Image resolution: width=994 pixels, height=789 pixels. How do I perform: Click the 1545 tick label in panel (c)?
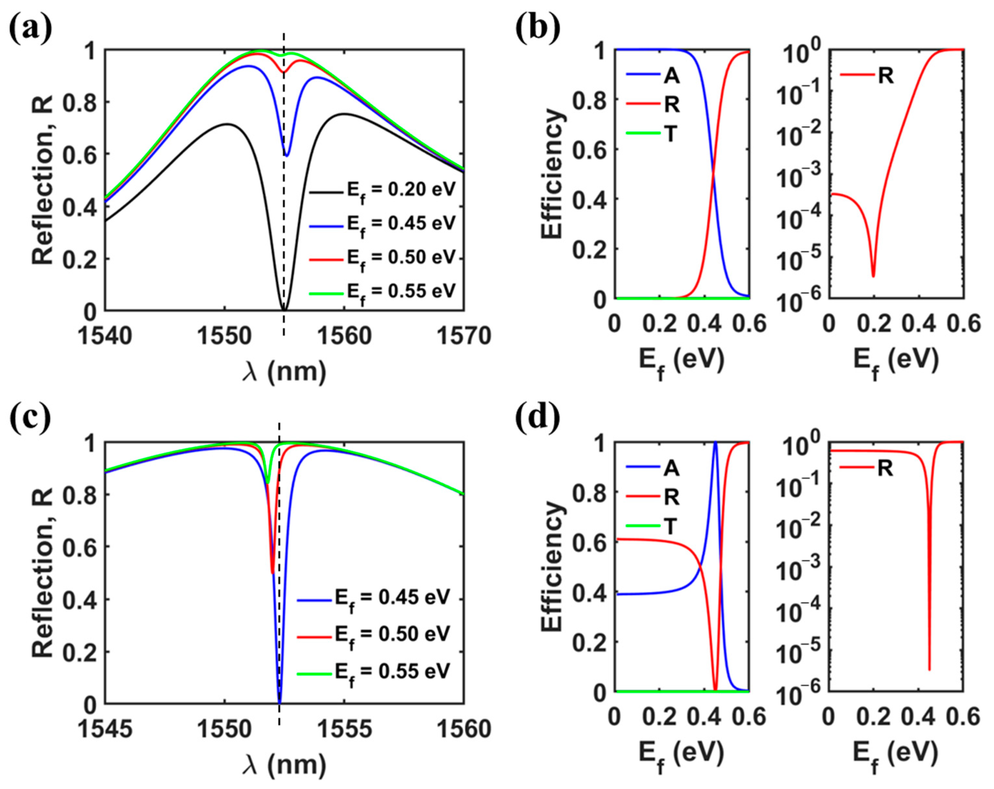point(105,730)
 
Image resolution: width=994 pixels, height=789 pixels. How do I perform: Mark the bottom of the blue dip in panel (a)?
point(287,156)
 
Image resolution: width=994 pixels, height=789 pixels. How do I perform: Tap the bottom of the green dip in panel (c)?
point(267,483)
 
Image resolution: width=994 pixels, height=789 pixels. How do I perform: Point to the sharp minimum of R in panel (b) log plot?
point(873,276)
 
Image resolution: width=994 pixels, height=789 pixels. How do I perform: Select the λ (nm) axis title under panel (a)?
point(284,371)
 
